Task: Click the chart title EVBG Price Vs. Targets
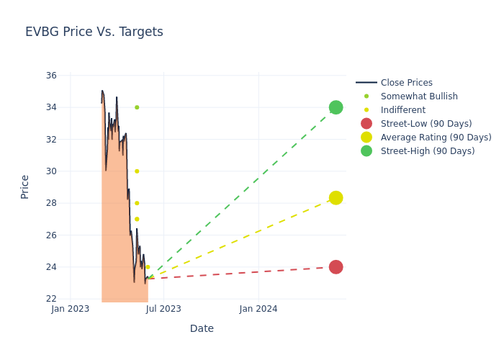point(94,32)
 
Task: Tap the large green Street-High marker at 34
point(336,107)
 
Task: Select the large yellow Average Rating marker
point(336,198)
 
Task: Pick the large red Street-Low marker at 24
point(336,267)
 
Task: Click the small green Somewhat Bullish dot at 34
point(137,107)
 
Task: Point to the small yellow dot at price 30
point(137,171)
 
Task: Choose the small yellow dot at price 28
point(137,203)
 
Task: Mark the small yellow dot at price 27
point(137,219)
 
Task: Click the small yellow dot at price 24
point(148,267)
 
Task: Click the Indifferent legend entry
point(402,110)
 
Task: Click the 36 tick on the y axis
point(51,76)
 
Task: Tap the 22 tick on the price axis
point(51,299)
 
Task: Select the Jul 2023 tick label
point(164,309)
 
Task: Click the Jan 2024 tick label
point(258,309)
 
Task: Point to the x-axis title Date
point(202,328)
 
